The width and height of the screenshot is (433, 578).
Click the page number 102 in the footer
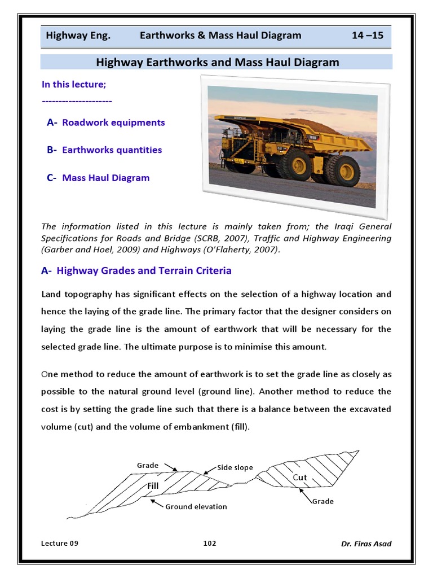pyautogui.click(x=210, y=543)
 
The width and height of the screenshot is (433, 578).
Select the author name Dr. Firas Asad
pyautogui.click(x=366, y=544)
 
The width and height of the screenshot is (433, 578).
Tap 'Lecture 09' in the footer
pyautogui.click(x=60, y=543)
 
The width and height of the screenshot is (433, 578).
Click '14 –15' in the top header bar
pyautogui.click(x=367, y=35)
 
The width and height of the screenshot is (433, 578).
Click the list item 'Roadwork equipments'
pyautogui.click(x=113, y=122)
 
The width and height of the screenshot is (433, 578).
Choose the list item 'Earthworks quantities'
pyautogui.click(x=112, y=150)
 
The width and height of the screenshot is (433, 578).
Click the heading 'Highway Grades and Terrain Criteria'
pyautogui.click(x=144, y=270)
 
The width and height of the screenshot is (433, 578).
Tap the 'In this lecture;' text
pyautogui.click(x=74, y=84)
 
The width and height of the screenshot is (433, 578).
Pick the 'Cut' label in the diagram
pyautogui.click(x=300, y=478)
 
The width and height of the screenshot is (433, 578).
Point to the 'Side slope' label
pyautogui.click(x=236, y=468)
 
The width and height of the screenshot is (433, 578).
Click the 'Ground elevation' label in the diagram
pyautogui.click(x=196, y=507)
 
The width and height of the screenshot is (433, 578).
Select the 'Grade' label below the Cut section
pyautogui.click(x=322, y=501)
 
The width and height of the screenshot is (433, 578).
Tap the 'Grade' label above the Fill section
pyautogui.click(x=148, y=465)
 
